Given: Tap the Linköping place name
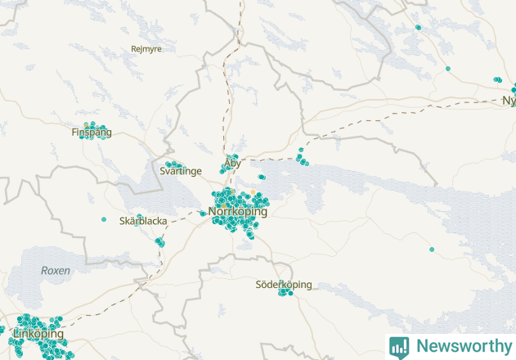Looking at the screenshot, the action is [x=38, y=335].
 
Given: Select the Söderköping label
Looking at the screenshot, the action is [x=284, y=285].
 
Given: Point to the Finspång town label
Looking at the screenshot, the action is [x=92, y=132].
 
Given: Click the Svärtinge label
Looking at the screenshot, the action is [x=181, y=170].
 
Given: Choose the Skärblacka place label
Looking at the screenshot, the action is [x=143, y=221].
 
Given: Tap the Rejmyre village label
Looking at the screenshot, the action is [x=146, y=49].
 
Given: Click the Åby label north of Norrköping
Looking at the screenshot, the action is [x=232, y=164].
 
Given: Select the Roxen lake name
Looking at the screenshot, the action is [x=56, y=270].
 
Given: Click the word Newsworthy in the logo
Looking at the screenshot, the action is [x=461, y=346].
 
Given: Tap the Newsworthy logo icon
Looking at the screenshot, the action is [x=399, y=346].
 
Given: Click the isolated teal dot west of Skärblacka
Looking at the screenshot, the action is [x=104, y=219].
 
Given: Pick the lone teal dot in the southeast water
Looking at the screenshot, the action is [x=432, y=249].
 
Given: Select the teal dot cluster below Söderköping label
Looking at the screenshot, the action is [x=285, y=292].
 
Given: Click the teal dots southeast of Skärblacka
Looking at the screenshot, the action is [x=159, y=241].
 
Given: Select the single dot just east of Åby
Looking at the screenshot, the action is [x=262, y=177].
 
